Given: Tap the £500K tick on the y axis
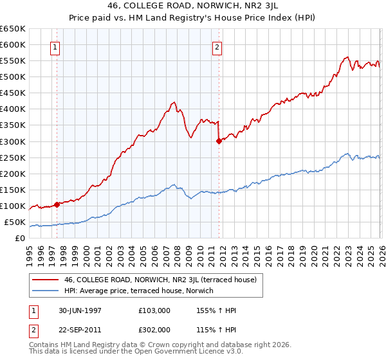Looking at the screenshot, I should coord(13,77).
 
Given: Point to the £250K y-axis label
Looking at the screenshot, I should coord(13,157).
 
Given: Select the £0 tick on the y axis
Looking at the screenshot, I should coord(21,239).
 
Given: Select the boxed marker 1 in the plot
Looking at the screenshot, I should coord(55,47).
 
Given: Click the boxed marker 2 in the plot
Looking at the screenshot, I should coord(217,47).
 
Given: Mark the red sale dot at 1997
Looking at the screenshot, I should coord(57,204).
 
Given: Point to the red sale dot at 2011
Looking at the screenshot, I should coord(219,141).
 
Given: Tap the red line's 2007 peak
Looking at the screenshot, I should coord(174,102).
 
